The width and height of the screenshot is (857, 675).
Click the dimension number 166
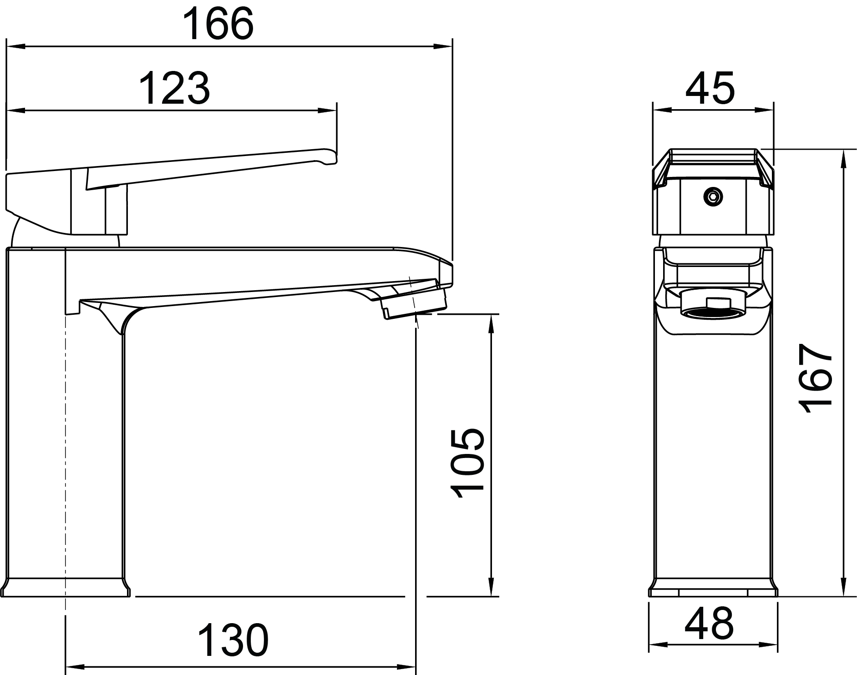click(x=218, y=23)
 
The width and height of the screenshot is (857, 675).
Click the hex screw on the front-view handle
click(x=713, y=196)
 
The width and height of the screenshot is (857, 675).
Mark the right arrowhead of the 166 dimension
click(x=443, y=46)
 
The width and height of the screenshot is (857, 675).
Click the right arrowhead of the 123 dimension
click(x=328, y=111)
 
